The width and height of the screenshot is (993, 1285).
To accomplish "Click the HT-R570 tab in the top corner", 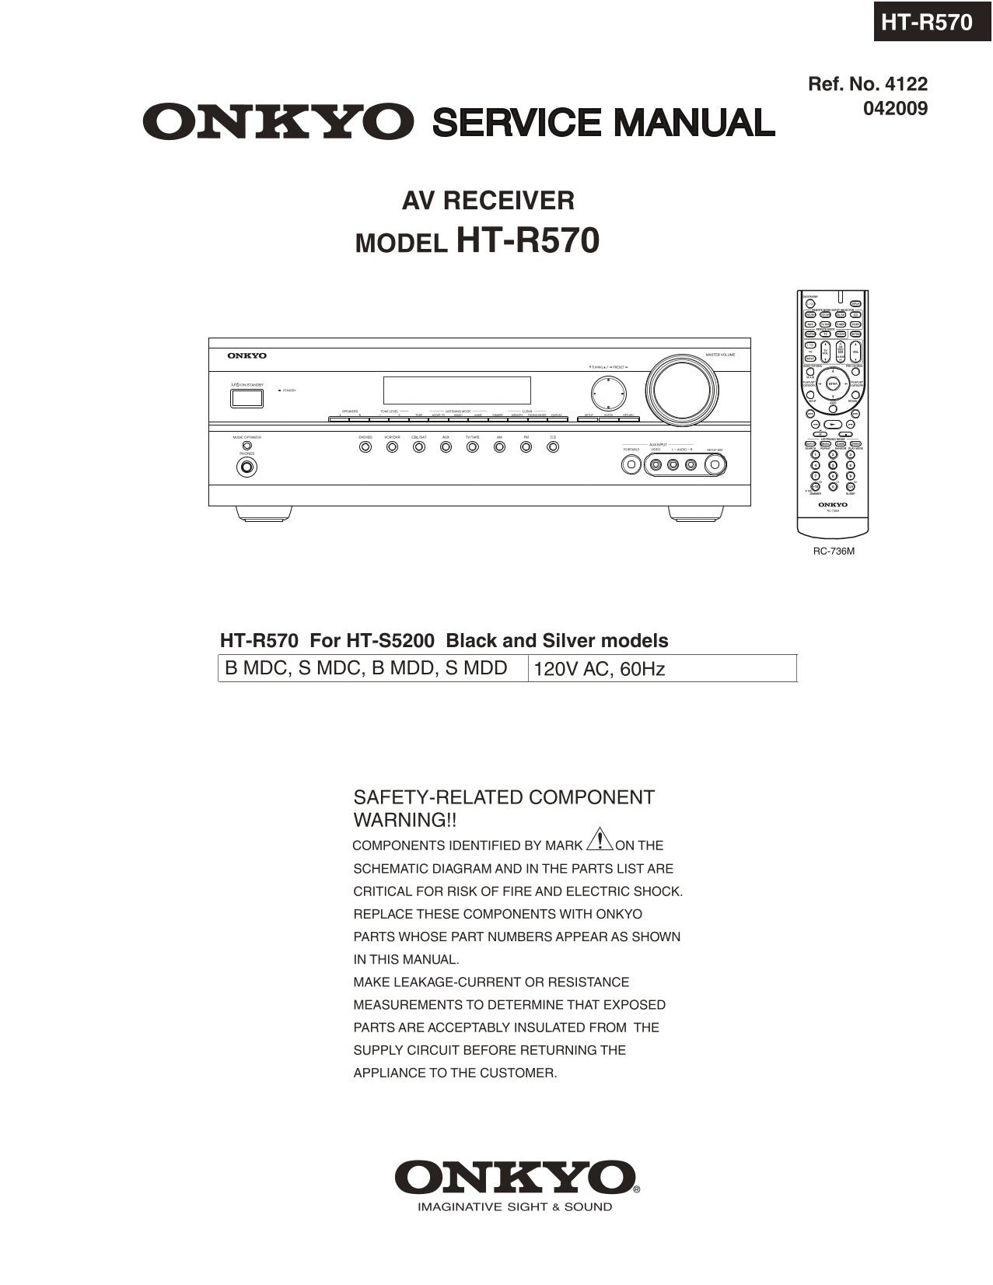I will pyautogui.click(x=926, y=22).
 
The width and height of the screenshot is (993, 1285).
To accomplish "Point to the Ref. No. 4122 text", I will pyautogui.click(x=868, y=84).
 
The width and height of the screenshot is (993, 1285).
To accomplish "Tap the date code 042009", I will pyautogui.click(x=895, y=109).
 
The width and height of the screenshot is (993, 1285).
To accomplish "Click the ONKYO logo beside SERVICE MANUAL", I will pyautogui.click(x=278, y=122).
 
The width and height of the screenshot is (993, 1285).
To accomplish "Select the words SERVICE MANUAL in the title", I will pyautogui.click(x=603, y=123).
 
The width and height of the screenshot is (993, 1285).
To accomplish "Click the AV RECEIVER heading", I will pyautogui.click(x=488, y=201).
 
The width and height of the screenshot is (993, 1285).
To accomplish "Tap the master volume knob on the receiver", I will pyautogui.click(x=681, y=390).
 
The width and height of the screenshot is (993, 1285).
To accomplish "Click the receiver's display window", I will pyautogui.click(x=456, y=390).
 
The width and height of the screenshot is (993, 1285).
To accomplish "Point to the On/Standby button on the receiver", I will pyautogui.click(x=247, y=398).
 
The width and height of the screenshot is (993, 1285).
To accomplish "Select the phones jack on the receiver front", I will pyautogui.click(x=247, y=467).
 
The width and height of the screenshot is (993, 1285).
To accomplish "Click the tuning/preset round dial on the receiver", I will pyautogui.click(x=607, y=394).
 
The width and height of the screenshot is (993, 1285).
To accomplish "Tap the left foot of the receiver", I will pyautogui.click(x=264, y=513).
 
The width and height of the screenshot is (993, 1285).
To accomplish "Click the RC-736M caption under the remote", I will pyautogui.click(x=834, y=551).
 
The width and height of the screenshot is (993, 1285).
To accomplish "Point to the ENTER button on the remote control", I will pyautogui.click(x=833, y=383).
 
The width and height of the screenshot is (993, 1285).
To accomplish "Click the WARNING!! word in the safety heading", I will pyautogui.click(x=405, y=820).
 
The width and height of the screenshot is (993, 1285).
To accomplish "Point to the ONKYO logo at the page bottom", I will pyautogui.click(x=515, y=1178).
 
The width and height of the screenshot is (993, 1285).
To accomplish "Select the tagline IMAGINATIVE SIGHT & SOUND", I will pyautogui.click(x=515, y=1207).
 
